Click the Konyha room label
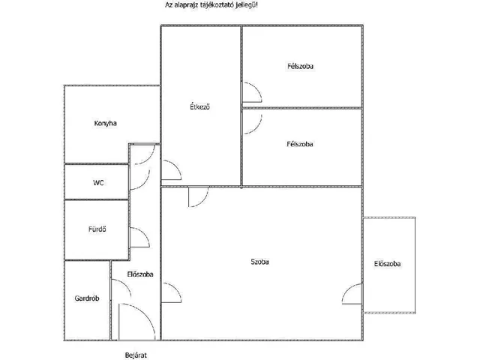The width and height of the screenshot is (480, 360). [x=105, y=123]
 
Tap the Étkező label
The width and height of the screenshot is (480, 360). [x=200, y=106]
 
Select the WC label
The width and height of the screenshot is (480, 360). [x=98, y=183]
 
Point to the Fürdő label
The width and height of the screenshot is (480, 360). [x=97, y=229]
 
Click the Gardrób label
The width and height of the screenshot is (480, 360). [x=87, y=298]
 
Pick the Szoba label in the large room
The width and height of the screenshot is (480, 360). [x=259, y=262]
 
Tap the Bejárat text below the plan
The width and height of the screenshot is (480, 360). [x=136, y=355]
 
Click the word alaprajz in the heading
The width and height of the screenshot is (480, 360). [x=187, y=5]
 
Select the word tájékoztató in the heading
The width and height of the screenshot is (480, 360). [x=218, y=5]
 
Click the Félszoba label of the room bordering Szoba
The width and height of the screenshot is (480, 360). [x=300, y=144]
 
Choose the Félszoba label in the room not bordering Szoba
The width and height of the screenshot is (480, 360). [x=300, y=66]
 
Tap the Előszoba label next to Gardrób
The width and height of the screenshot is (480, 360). [x=140, y=274]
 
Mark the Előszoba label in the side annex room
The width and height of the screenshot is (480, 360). [x=387, y=263]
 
